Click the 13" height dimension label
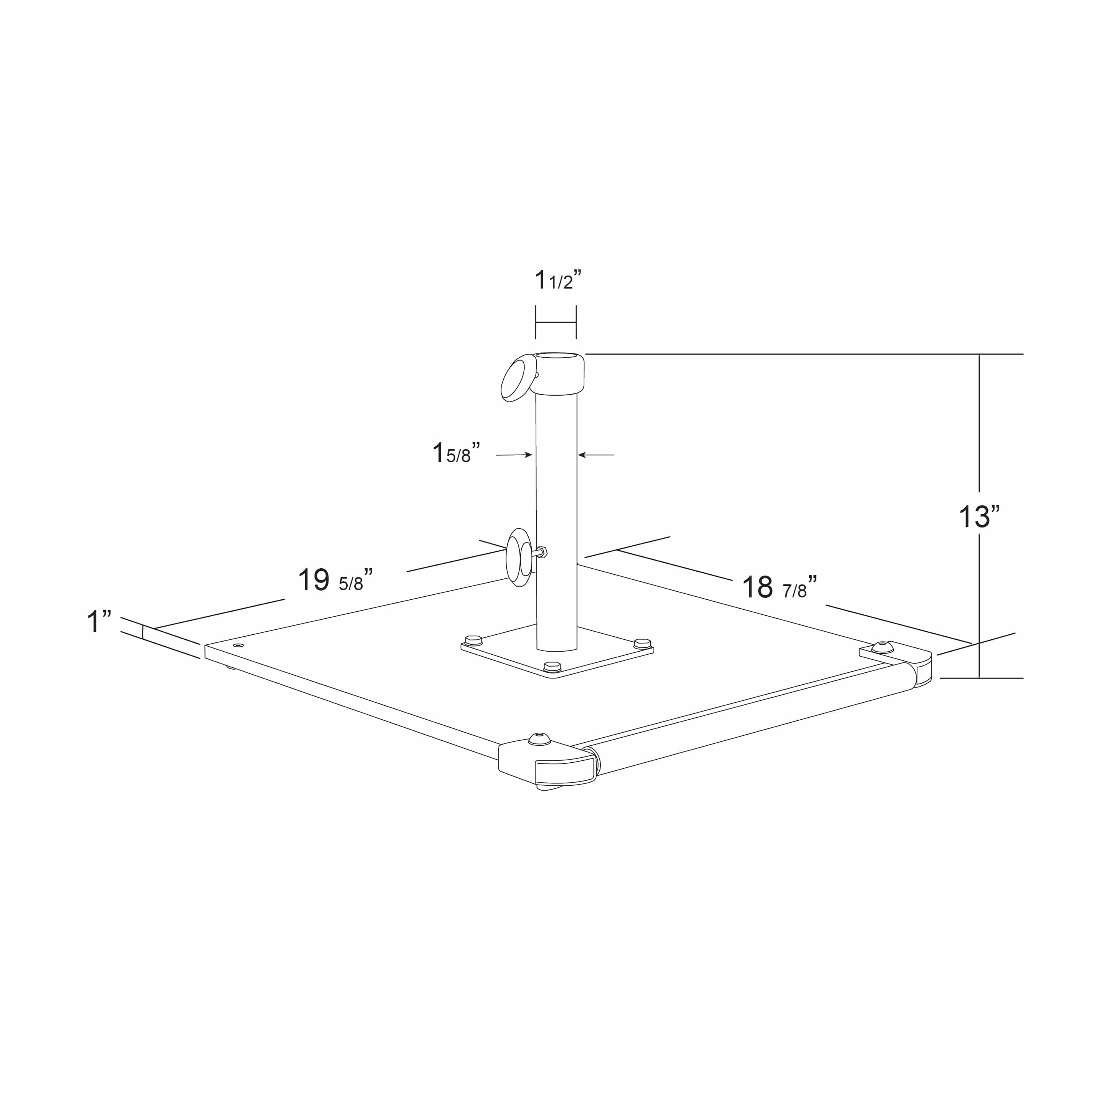tap(979, 516)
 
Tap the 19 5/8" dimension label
tap(335, 579)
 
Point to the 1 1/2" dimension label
tap(558, 279)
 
